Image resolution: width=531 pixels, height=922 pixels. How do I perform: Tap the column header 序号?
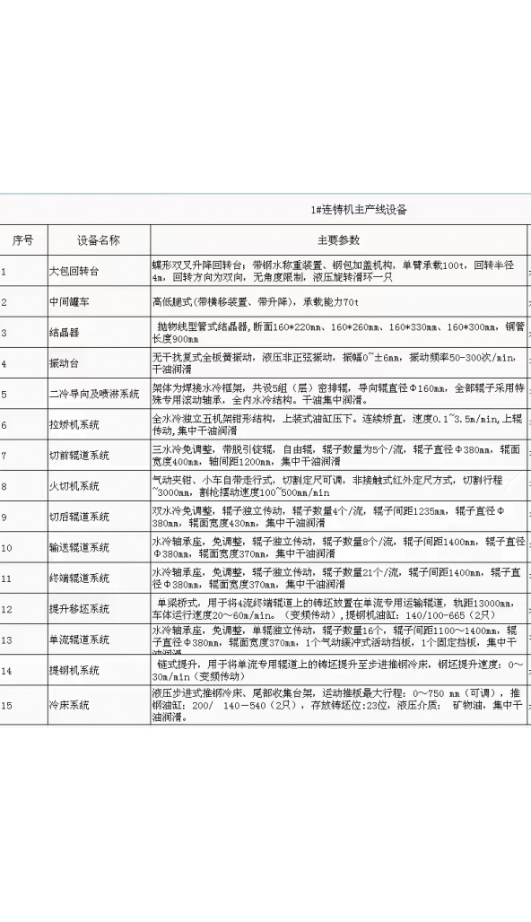[x=22, y=240]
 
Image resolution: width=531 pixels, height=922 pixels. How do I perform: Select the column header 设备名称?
[x=99, y=240]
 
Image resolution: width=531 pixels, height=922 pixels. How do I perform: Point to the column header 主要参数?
[x=338, y=240]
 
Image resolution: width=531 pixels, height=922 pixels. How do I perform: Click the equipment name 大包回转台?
[x=74, y=271]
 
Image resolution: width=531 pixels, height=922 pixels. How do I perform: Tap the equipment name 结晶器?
[x=64, y=333]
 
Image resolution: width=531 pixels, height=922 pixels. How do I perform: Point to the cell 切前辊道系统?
[x=79, y=456]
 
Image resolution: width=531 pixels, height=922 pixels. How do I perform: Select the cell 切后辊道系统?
[x=79, y=517]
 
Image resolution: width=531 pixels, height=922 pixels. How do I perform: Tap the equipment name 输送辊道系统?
[x=79, y=547]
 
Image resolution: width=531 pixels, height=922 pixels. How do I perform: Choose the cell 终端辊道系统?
[x=79, y=578]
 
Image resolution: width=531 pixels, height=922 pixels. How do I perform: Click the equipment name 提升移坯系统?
[x=79, y=609]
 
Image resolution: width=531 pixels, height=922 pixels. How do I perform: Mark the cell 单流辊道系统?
[x=79, y=639]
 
